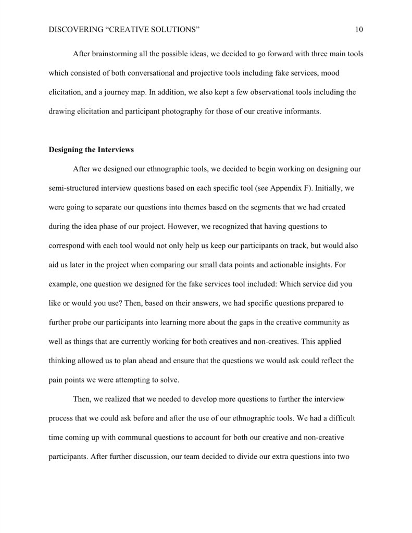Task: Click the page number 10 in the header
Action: [359, 30]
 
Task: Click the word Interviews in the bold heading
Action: [114, 150]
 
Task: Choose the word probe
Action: [92, 322]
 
